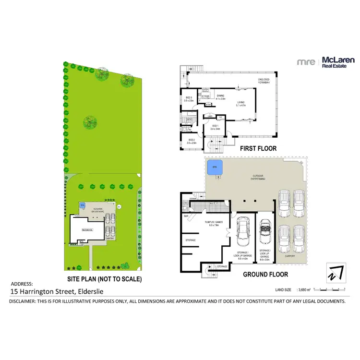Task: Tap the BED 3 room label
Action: click(x=189, y=99)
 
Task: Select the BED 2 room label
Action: click(x=192, y=141)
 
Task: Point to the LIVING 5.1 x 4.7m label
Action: click(x=240, y=104)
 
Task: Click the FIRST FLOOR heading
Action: click(x=258, y=149)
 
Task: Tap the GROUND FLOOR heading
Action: click(x=265, y=275)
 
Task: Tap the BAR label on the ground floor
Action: click(x=186, y=216)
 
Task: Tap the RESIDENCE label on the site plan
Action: click(x=87, y=230)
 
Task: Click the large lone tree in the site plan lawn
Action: click(x=89, y=123)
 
